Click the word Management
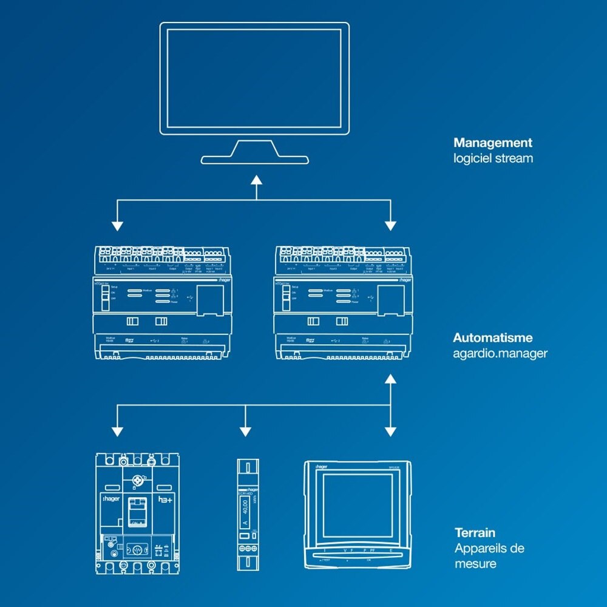(492, 143)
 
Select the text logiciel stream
(493, 159)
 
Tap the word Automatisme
(493, 337)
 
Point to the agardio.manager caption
(500, 353)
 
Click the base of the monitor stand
(256, 160)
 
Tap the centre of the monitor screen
(254, 78)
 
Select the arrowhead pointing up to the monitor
(256, 180)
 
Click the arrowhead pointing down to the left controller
(117, 226)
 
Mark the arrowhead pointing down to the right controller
(390, 226)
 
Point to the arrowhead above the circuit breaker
(117, 432)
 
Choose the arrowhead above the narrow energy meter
(245, 432)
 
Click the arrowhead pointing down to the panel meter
(390, 432)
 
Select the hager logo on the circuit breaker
(110, 498)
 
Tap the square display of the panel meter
(358, 505)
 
